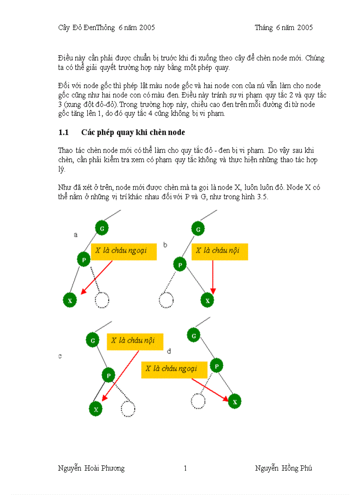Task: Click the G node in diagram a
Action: pyautogui.click(x=102, y=228)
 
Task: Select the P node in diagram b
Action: pyautogui.click(x=180, y=265)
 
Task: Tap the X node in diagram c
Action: pyautogui.click(x=96, y=409)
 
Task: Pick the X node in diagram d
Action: pyautogui.click(x=235, y=402)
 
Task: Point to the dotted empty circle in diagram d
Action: pyautogui.click(x=198, y=401)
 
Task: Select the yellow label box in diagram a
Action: pyautogui.click(x=124, y=251)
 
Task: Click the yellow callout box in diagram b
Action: pyautogui.click(x=220, y=251)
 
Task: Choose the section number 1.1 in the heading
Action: pyautogui.click(x=64, y=133)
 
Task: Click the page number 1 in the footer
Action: pyautogui.click(x=185, y=468)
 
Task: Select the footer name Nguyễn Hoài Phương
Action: pyautogui.click(x=91, y=468)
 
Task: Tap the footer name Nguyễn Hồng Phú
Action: pyautogui.click(x=283, y=468)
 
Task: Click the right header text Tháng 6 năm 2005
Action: pyautogui.click(x=284, y=27)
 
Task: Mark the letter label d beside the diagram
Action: pyautogui.click(x=169, y=351)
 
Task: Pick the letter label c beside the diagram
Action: pyautogui.click(x=60, y=356)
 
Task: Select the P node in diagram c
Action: pyautogui.click(x=109, y=376)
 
